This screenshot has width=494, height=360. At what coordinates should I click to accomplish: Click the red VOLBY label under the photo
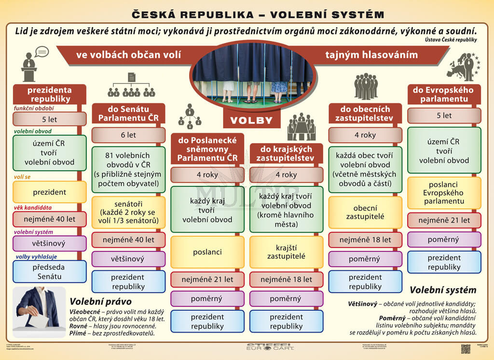point(251,119)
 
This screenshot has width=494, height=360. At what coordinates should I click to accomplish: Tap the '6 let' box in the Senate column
point(128,135)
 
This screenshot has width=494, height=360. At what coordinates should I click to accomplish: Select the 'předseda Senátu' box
point(50,272)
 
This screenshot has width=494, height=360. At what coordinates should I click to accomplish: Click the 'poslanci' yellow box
point(207,252)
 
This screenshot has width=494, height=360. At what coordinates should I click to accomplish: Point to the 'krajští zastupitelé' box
point(287,252)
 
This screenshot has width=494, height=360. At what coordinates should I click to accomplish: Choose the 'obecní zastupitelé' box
point(365,212)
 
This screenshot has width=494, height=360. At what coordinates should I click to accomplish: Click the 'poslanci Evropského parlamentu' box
point(444,193)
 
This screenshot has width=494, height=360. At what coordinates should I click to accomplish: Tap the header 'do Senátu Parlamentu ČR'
point(128,113)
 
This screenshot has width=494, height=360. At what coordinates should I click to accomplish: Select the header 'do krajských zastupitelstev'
point(287,154)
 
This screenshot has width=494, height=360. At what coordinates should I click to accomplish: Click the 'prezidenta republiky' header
point(50,94)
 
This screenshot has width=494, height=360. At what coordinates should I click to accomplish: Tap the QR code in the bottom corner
point(466,348)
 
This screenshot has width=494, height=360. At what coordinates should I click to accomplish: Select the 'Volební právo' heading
point(94,301)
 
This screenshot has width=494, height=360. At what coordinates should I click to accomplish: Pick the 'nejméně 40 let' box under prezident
point(50,219)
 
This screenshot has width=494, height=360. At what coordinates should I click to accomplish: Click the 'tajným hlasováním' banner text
point(371,55)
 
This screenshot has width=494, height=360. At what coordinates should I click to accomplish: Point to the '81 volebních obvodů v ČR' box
point(128,169)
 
